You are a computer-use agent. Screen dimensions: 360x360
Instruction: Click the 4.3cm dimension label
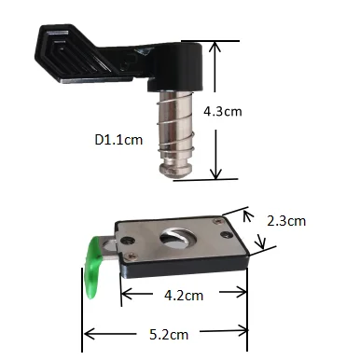click(x=223, y=111)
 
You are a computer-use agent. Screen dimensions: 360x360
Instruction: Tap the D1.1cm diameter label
click(x=118, y=140)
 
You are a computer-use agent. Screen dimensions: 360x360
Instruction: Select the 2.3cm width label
click(x=286, y=221)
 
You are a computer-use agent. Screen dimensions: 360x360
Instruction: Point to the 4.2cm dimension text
click(x=184, y=296)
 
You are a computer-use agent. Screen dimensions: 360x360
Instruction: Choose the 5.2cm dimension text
click(x=169, y=335)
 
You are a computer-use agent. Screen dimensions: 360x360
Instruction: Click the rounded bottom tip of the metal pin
click(x=175, y=171)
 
